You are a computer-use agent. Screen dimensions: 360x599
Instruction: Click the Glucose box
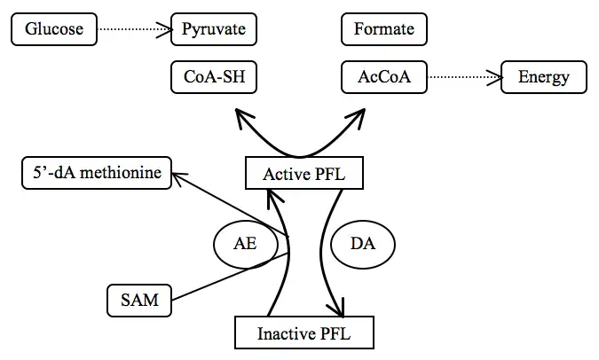[53, 29]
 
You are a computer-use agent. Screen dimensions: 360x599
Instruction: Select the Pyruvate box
[213, 29]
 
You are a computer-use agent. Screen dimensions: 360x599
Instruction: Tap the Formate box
[383, 29]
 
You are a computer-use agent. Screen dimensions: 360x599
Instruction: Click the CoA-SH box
[213, 77]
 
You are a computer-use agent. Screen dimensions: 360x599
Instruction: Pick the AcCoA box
[383, 77]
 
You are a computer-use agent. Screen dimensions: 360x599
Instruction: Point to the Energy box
[543, 77]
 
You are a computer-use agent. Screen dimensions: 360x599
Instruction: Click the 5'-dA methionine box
[97, 173]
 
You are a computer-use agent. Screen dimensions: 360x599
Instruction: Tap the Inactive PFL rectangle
[303, 333]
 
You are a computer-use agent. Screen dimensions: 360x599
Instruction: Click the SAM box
[139, 300]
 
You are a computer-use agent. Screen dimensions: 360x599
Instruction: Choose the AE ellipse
[245, 243]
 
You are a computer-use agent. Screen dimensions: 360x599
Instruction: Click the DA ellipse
[363, 243]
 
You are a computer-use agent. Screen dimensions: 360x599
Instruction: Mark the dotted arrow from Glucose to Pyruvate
[133, 29]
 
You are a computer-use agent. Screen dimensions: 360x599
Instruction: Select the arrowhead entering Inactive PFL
[338, 309]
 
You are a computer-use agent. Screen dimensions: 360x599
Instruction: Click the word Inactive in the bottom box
[283, 334]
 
